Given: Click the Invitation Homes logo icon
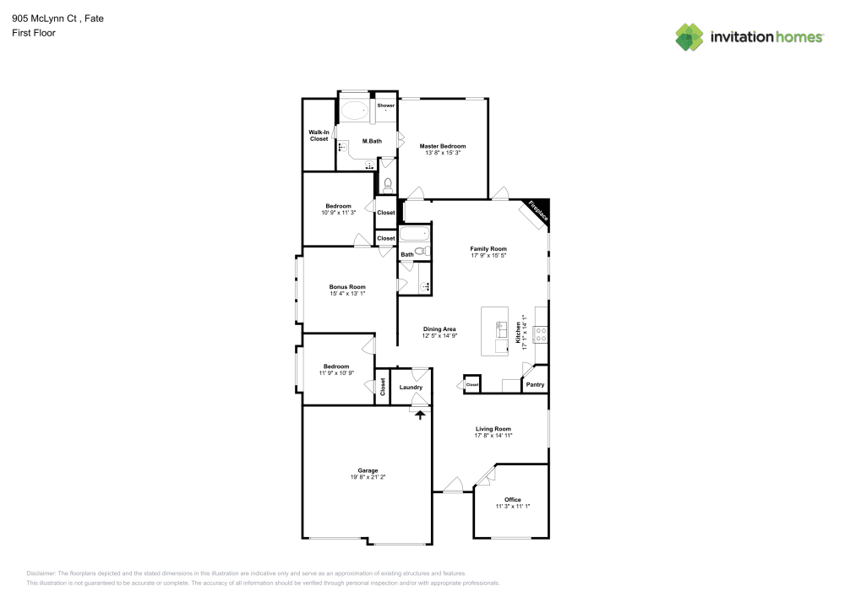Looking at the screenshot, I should (689, 36).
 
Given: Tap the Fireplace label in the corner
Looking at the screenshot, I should (537, 211).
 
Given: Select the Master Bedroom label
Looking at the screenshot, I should (443, 146).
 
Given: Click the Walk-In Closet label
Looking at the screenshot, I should (319, 135).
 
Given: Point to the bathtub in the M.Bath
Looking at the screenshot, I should (355, 109).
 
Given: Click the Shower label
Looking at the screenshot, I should (385, 106).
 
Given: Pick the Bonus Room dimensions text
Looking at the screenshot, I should (347, 294).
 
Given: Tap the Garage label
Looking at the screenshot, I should (368, 470).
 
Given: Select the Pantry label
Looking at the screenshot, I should (535, 385).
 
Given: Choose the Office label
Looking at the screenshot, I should (512, 499).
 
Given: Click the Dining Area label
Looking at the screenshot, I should (439, 328).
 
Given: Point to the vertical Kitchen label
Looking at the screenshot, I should (518, 332).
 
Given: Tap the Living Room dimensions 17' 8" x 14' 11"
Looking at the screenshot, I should (493, 437).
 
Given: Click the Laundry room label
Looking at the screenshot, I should (411, 387).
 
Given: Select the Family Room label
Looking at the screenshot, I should (488, 248).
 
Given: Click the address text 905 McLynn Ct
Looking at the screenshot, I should (46, 18).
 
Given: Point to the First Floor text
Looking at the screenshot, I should (34, 33).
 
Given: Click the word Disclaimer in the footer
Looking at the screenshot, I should (41, 573).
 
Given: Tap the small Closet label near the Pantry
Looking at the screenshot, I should (472, 385).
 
